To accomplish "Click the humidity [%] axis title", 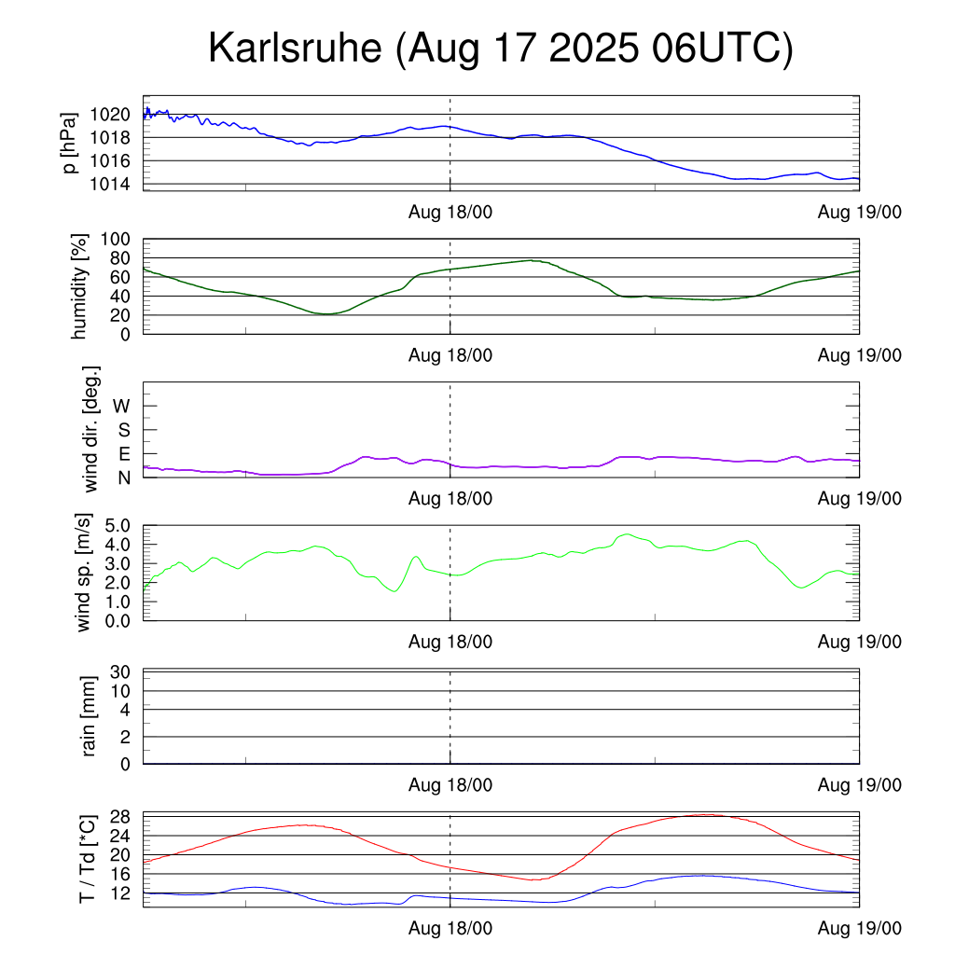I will [80, 286].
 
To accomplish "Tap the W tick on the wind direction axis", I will [121, 406].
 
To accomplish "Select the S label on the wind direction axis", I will [123, 430].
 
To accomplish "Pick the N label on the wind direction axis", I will [122, 477].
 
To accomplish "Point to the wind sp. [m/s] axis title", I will [85, 573].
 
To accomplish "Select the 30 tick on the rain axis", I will [120, 672].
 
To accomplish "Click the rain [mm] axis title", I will [90, 716].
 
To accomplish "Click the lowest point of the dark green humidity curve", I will [325, 314].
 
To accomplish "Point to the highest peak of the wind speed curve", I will [628, 534].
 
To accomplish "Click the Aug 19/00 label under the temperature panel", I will [859, 929].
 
